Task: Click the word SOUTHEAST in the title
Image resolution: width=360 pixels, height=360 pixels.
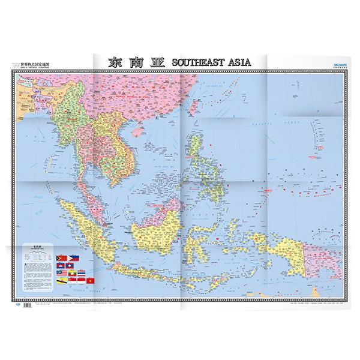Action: click(198, 62)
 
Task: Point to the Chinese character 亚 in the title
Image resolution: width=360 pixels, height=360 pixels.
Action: click(157, 62)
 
